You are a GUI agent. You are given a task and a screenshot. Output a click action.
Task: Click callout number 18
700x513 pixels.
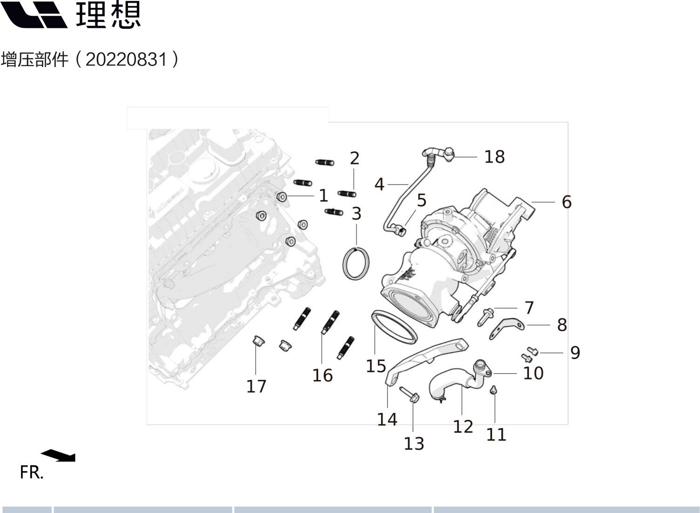(494, 157)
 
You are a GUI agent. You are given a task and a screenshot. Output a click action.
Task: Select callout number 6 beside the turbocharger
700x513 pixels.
(566, 202)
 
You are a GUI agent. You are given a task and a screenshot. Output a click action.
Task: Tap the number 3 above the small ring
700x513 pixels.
(357, 214)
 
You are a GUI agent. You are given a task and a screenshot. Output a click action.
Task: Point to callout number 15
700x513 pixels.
(376, 366)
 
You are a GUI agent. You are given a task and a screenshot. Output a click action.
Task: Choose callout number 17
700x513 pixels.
(256, 386)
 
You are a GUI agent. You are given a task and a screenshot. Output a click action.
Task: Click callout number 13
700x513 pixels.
(414, 444)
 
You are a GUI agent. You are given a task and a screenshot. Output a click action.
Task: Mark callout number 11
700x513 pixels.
(496, 435)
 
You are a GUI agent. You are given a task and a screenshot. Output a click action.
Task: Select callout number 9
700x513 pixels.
(575, 353)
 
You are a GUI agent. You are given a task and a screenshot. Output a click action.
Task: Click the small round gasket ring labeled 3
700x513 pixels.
(357, 264)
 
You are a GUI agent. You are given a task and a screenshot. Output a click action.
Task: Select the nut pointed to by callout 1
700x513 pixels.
(281, 197)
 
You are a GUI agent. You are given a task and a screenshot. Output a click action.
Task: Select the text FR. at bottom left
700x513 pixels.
(31, 472)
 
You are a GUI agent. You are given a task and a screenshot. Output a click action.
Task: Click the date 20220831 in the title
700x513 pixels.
(126, 60)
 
